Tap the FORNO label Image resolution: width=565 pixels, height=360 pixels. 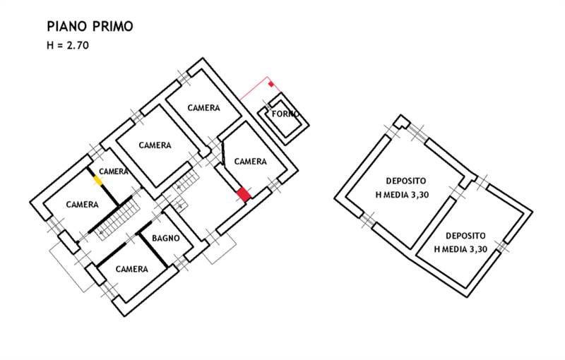click(x=285, y=114)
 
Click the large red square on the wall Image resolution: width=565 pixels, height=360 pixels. click(x=244, y=193)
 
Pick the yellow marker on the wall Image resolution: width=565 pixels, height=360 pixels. click(x=98, y=181)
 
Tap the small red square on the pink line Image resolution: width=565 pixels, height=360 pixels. click(x=271, y=85)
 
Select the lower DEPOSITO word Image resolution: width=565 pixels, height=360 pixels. click(x=465, y=235)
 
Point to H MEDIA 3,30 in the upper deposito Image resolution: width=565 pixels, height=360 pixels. click(x=401, y=196)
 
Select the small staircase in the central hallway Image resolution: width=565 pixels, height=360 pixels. click(x=184, y=181)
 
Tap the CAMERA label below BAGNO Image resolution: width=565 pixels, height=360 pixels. click(x=131, y=269)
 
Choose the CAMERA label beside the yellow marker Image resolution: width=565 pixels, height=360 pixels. click(x=114, y=172)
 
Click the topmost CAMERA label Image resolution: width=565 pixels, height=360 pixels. click(x=203, y=108)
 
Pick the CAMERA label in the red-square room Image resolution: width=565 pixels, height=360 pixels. click(x=250, y=162)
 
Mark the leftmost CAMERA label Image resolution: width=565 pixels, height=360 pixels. click(x=82, y=205)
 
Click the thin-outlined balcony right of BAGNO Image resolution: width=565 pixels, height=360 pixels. click(x=220, y=248)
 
